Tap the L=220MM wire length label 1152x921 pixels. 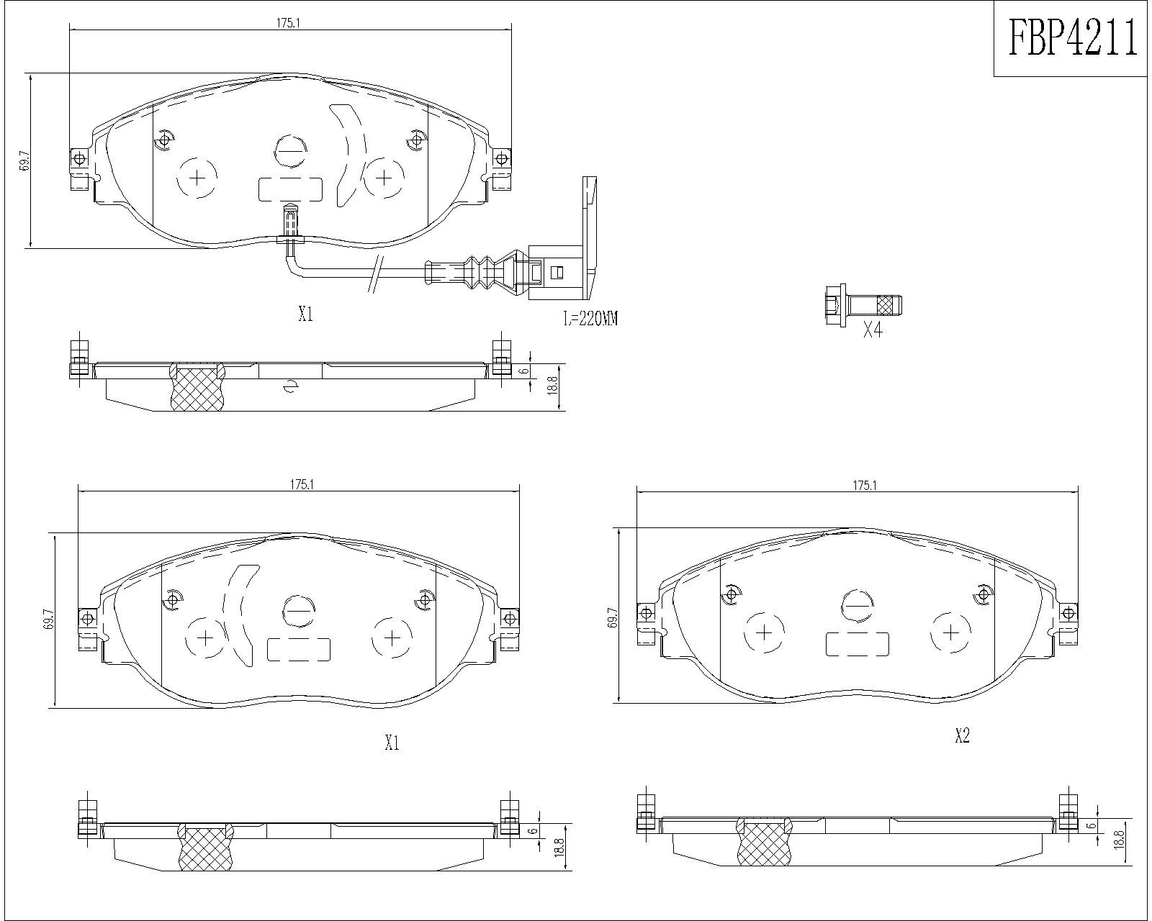(590, 319)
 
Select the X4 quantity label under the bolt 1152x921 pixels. (873, 331)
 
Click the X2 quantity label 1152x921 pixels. (962, 736)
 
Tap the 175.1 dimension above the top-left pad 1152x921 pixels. (287, 23)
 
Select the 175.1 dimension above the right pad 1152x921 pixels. (865, 486)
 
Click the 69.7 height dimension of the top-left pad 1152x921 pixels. (24, 160)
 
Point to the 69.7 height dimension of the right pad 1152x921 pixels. (613, 617)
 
